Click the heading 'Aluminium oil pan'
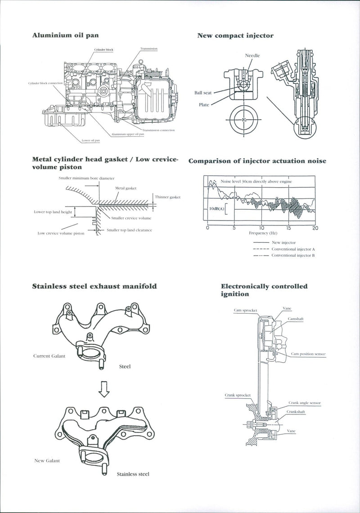(x=65, y=35)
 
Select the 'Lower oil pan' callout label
(x=90, y=140)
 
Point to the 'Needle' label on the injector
(x=252, y=55)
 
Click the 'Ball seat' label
(x=203, y=93)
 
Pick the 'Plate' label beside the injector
(x=204, y=105)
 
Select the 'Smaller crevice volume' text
(x=131, y=218)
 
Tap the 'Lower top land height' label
(x=53, y=211)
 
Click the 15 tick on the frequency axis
(x=288, y=228)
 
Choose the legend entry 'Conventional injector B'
(x=293, y=255)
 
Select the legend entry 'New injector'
(x=284, y=243)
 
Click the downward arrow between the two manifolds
(x=104, y=392)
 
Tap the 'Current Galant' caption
(x=49, y=356)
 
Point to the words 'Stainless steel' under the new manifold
(x=133, y=474)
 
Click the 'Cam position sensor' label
(x=308, y=354)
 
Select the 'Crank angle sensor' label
(x=304, y=403)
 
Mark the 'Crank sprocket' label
(x=238, y=395)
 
